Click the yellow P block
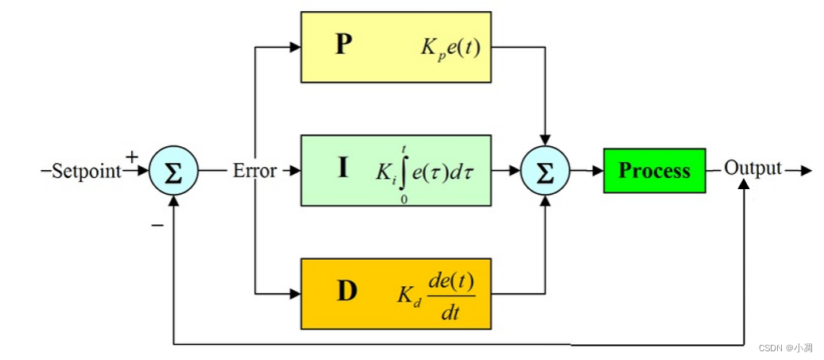pos(395,46)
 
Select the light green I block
pos(395,169)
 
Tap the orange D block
pos(395,293)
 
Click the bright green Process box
pos(654,170)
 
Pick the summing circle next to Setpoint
pos(172,171)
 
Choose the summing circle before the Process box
pos(544,171)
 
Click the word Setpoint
pos(86,171)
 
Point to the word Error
pos(254,171)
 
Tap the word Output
pos(752,168)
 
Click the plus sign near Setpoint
pos(132,157)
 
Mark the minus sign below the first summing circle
pos(157,225)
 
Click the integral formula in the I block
pos(426,171)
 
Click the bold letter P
pos(342,45)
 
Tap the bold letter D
pos(346,292)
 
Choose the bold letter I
pos(342,168)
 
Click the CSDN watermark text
pos(785,348)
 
